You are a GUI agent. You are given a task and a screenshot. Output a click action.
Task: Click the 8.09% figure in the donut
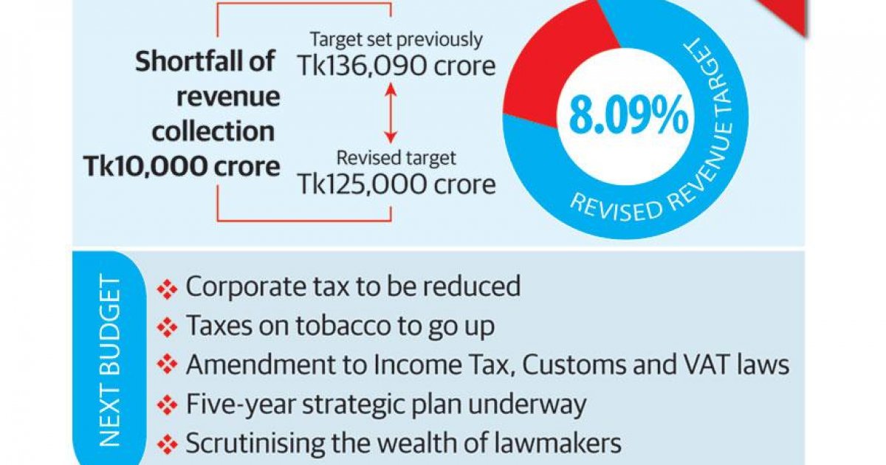click(x=629, y=118)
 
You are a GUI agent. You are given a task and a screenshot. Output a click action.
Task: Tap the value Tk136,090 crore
click(x=396, y=66)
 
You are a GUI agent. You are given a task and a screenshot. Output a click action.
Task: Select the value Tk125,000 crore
click(x=396, y=184)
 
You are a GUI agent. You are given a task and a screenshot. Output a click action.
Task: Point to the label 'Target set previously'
click(x=396, y=39)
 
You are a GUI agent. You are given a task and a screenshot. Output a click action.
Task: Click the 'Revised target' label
click(x=396, y=158)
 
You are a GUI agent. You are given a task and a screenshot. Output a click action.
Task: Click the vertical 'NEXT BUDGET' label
click(x=109, y=362)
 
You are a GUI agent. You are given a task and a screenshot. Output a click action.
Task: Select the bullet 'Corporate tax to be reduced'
click(x=353, y=286)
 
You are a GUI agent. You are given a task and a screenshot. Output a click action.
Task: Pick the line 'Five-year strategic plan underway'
click(x=385, y=404)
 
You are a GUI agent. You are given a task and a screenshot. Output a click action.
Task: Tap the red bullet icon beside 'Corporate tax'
click(x=168, y=289)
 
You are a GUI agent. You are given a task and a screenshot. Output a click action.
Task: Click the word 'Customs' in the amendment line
click(x=577, y=365)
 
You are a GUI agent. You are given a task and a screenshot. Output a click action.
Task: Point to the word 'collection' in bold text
click(x=213, y=131)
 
